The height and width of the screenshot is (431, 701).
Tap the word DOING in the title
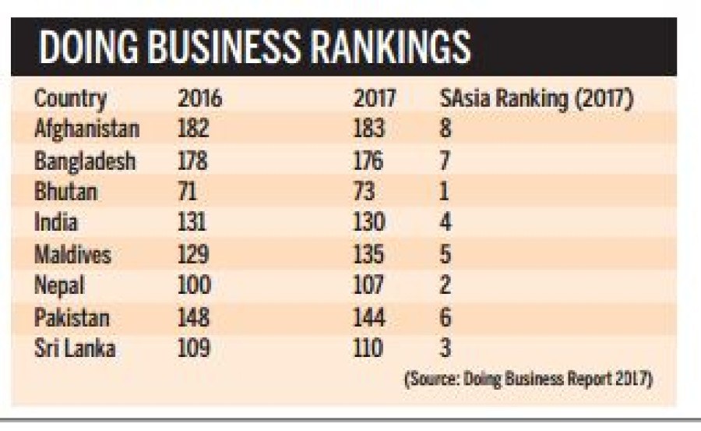coord(83,48)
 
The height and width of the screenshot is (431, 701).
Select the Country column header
coord(70,99)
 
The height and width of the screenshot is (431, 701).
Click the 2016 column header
coord(199,99)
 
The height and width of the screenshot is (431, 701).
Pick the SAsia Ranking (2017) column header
coord(537,99)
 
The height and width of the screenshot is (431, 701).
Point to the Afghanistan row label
coord(87,129)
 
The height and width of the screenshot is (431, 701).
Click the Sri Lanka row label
coord(75,348)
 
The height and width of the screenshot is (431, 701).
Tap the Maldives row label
coord(72,254)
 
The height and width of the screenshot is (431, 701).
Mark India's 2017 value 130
coord(369,222)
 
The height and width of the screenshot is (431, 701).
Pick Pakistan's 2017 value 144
coord(369,317)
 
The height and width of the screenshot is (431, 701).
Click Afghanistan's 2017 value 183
coord(369,129)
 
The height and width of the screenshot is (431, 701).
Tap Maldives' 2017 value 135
coord(369,254)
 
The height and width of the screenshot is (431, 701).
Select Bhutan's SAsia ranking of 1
coord(445,191)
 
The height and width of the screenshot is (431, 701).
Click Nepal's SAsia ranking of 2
coord(446,285)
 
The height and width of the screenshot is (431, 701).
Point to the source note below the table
coord(528,380)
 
